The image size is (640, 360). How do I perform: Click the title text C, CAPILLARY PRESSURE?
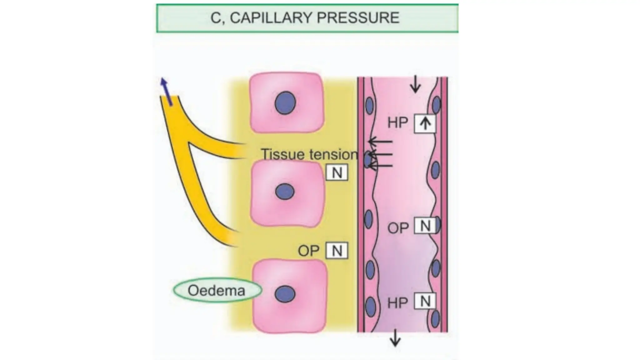point(305,17)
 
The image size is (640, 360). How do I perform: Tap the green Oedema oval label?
point(217,290)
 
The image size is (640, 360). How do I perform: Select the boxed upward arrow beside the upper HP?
point(425,124)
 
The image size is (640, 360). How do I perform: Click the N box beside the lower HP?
point(425,302)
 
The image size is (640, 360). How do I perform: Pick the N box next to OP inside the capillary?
point(425,226)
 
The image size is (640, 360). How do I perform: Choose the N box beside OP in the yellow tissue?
point(337,251)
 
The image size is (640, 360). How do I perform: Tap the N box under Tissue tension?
point(337,172)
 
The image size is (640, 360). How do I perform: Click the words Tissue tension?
point(309,154)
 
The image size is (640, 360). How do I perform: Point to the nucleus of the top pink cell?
point(285,103)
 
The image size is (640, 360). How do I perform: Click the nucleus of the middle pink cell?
point(285,191)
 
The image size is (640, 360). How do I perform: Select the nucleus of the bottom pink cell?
point(285,294)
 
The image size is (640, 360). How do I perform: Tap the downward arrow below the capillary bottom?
point(395,338)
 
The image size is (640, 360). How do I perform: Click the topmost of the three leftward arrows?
point(380,142)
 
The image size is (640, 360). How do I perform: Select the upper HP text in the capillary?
point(397,122)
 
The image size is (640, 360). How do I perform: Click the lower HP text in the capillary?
point(397,303)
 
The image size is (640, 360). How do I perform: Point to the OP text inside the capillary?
point(398,228)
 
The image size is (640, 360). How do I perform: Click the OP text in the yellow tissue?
point(308,251)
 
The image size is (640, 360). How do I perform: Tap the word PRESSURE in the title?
point(358,17)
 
